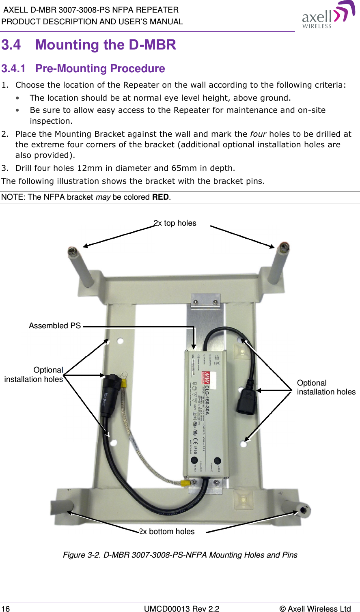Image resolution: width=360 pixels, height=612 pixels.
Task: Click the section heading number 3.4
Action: [11, 45]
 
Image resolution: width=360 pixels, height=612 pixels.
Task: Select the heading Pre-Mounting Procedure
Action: [100, 69]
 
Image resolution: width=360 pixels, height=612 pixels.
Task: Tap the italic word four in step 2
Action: [258, 134]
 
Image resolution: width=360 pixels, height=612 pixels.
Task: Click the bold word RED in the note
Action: [160, 197]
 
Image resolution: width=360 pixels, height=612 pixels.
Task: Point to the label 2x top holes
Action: [175, 223]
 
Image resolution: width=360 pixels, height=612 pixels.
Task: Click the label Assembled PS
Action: [55, 326]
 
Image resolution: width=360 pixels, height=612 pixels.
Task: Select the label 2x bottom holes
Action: [167, 532]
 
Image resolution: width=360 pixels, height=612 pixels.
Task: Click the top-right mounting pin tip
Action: [284, 246]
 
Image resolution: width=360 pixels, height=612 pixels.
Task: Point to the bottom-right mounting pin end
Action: [304, 509]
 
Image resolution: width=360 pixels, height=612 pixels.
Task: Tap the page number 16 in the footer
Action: [6, 608]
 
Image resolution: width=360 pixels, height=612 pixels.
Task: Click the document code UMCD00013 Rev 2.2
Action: [181, 608]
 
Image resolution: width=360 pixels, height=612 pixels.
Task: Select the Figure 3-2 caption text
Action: [180, 555]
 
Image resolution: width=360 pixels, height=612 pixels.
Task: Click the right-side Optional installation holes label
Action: [326, 388]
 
